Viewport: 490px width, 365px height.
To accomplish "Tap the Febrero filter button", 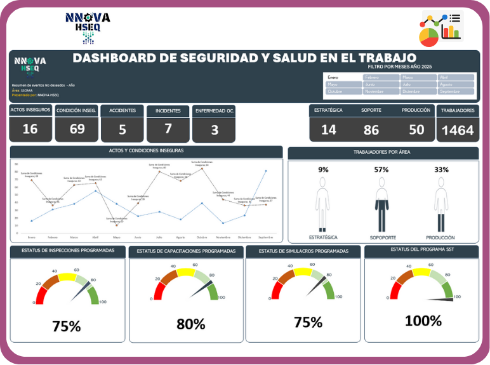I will (381, 77).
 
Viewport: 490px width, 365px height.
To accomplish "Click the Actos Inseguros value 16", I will (30, 129).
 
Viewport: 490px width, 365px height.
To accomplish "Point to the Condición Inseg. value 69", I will (77, 129).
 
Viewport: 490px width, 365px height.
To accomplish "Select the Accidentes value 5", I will (122, 129).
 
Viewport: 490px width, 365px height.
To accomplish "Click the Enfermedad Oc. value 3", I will (215, 130).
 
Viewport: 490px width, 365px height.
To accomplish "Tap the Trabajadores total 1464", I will (458, 130).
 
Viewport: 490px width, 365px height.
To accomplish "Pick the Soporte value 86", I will (371, 130).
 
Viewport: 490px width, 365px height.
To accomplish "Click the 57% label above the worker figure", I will (381, 169).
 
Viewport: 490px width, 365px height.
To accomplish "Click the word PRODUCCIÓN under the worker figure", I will (440, 237).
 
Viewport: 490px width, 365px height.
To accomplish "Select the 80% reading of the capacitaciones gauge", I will (190, 324).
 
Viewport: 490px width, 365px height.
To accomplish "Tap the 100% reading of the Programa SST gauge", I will (423, 321).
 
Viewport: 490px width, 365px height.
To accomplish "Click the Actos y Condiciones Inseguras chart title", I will (146, 151).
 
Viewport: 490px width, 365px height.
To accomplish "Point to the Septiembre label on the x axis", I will (265, 237).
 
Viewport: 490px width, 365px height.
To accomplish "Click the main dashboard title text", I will (244, 58).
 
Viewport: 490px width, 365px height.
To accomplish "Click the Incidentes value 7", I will (168, 129).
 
